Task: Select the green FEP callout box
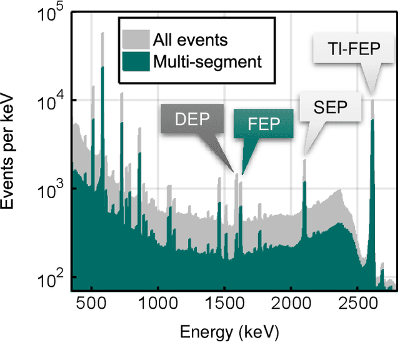pos(263,124)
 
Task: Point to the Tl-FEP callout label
pos(353,49)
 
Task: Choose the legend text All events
pos(190,41)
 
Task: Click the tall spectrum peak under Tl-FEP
pos(372,187)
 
